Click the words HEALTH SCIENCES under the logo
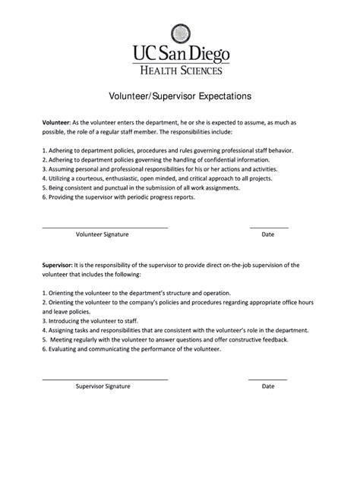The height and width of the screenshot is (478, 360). [x=180, y=71]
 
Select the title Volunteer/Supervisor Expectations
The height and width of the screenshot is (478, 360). [x=180, y=98]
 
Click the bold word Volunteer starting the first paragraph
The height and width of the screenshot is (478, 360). [x=55, y=122]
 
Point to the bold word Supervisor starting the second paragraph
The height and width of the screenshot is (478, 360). [x=58, y=265]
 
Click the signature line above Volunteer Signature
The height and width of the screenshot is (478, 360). [x=105, y=228]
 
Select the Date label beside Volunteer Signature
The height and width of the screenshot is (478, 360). [x=268, y=235]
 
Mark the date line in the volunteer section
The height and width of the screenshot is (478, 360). [x=269, y=228]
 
